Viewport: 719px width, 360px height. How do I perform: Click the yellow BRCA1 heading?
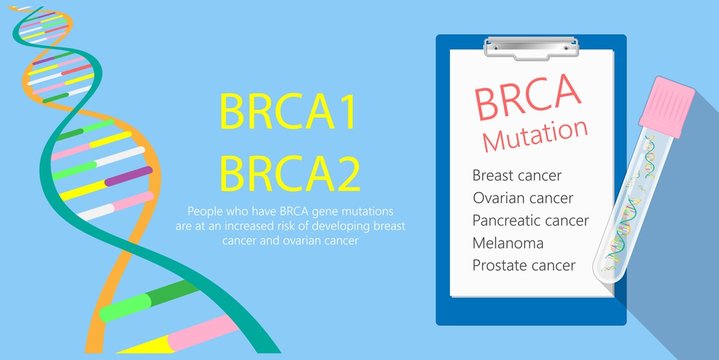[288, 113]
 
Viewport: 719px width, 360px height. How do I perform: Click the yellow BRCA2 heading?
[289, 173]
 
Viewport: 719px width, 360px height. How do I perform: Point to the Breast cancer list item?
[517, 175]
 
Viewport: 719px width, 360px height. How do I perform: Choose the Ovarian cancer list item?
[522, 198]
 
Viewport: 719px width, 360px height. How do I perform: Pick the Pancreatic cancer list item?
[530, 220]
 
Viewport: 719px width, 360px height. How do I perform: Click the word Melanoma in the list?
[507, 243]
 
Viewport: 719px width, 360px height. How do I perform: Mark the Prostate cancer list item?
[523, 265]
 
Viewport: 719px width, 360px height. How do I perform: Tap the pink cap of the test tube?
[669, 106]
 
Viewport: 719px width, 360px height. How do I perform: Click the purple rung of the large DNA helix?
[128, 177]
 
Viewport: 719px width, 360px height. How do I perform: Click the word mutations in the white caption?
[366, 211]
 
